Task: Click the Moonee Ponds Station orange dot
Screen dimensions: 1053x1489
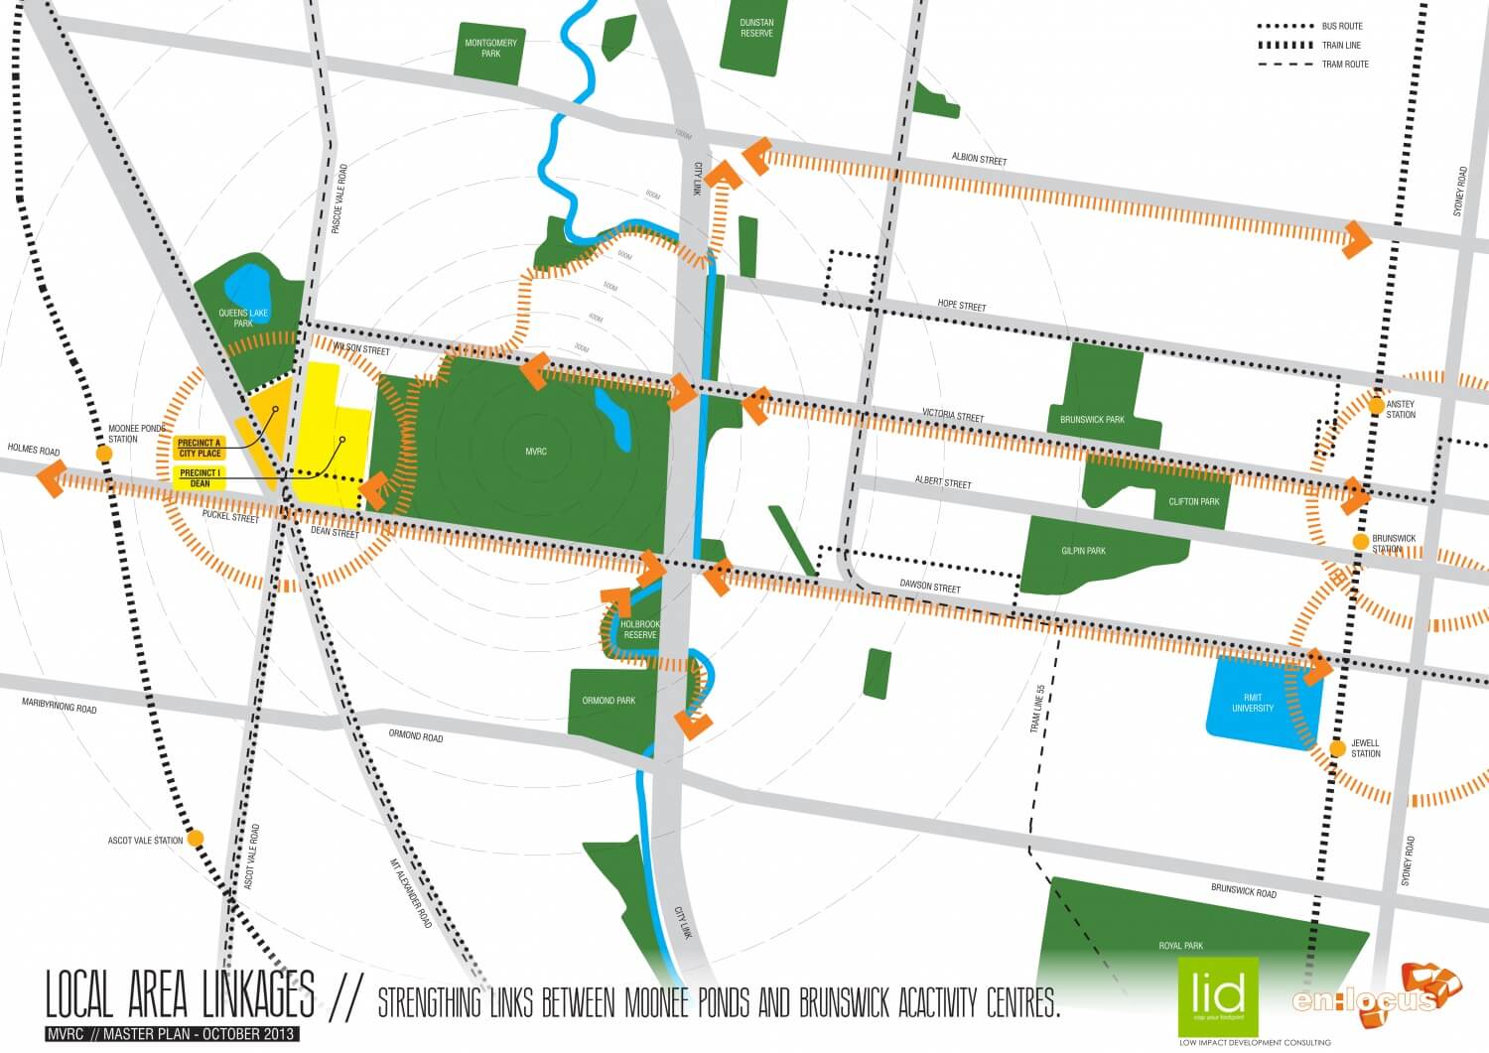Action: (104, 454)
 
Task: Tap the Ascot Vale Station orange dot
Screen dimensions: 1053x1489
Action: (197, 839)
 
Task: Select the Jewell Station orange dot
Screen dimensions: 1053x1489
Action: (1337, 747)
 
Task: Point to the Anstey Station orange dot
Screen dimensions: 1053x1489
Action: (1376, 405)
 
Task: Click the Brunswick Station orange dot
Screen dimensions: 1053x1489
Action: (1360, 541)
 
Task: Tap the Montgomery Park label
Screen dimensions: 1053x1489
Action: (490, 48)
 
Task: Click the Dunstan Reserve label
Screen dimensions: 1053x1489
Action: (756, 28)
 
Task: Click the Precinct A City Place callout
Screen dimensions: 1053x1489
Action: (200, 448)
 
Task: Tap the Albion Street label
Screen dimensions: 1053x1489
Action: (979, 159)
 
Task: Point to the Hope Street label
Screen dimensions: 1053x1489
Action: (962, 305)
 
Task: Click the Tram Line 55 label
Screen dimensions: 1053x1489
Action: (1038, 709)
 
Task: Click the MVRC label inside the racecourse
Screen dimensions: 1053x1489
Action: (536, 452)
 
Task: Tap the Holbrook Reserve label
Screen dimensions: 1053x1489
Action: (640, 629)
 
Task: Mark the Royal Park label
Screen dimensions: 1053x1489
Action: (1180, 946)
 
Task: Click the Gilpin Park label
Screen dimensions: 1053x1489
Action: (1083, 551)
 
